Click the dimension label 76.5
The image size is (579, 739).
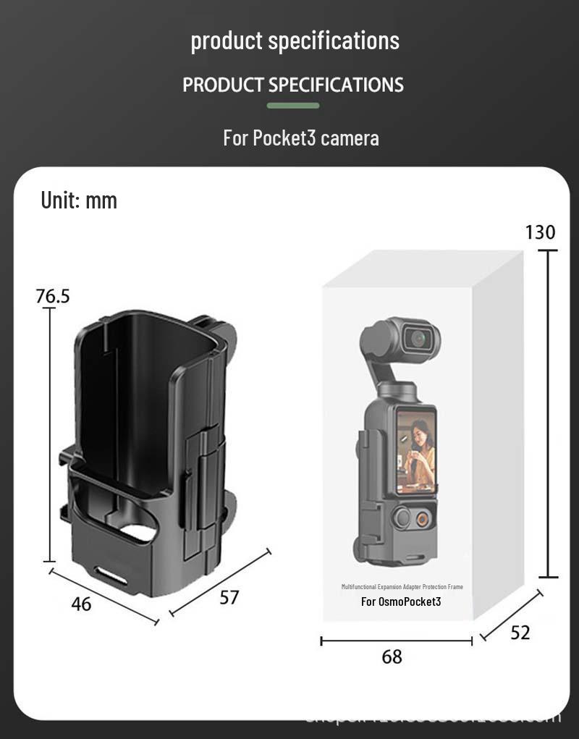tap(53, 296)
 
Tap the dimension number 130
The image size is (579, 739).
tap(540, 232)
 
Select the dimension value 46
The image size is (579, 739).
tap(81, 604)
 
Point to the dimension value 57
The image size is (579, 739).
tap(229, 598)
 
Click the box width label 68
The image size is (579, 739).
tap(392, 657)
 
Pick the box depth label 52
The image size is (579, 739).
tap(520, 633)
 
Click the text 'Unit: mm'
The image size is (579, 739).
tap(79, 200)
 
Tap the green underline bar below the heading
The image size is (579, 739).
tap(292, 106)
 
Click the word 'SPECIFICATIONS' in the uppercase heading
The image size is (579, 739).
tap(336, 85)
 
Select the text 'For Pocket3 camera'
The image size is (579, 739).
tap(300, 138)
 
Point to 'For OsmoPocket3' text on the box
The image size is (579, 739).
tap(401, 601)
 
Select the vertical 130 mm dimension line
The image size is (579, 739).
tap(549, 413)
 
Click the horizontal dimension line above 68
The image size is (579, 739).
tap(396, 641)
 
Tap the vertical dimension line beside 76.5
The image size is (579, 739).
tap(48, 434)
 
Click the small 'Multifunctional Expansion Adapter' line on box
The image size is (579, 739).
tap(402, 586)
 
